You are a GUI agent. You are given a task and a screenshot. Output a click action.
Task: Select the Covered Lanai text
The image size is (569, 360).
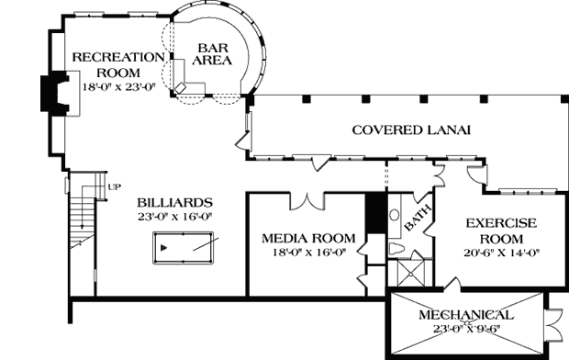[411, 129]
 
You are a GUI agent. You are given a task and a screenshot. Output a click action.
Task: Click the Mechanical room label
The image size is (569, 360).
[466, 315]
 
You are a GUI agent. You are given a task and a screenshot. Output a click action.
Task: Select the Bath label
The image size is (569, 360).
[418, 220]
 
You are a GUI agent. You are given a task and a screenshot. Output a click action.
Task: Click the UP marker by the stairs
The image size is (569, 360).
[115, 187]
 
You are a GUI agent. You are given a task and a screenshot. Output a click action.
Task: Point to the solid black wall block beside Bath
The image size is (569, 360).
[374, 215]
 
